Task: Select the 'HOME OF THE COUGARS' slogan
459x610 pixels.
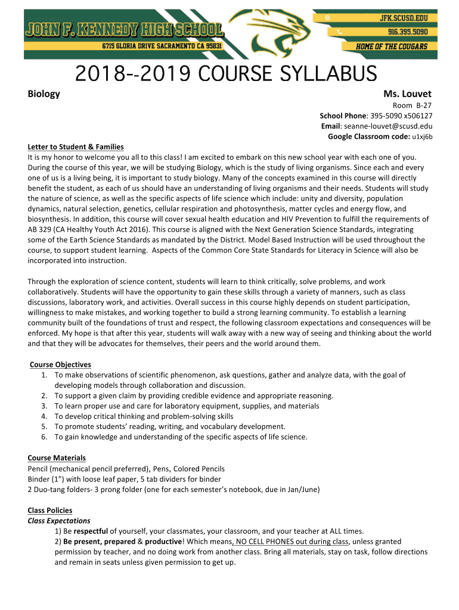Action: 392,46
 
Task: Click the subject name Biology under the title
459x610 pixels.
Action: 44,94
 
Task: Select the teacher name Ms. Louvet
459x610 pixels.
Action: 408,94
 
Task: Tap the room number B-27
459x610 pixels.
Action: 423,105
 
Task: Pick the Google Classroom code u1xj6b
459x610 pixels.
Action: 422,137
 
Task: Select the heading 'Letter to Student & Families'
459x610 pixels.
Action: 76,147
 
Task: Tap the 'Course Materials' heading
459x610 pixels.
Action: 57,458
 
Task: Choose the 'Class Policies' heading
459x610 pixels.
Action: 50,511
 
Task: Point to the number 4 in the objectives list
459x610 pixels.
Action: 45,416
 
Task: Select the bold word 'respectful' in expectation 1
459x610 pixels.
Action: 91,531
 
